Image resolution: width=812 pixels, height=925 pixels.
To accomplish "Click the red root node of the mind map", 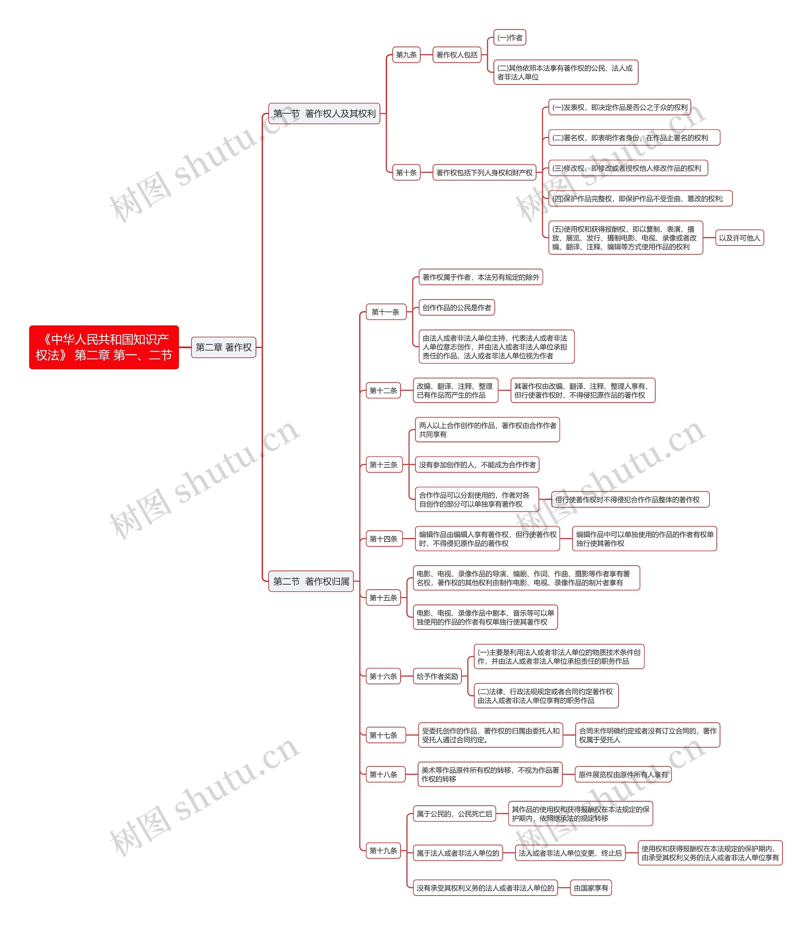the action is point(104,347).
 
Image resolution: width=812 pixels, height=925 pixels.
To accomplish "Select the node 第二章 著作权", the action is point(223,347).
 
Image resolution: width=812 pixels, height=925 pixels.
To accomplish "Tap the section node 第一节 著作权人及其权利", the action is point(324,114).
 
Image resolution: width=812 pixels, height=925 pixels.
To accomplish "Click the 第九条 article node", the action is point(406,55).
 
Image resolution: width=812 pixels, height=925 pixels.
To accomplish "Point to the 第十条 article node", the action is point(406,173).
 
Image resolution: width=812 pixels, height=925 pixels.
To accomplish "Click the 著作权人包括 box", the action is point(457,55).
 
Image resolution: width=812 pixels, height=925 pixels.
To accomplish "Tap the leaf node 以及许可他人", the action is point(739,238).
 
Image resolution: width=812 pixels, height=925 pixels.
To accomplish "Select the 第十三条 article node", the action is point(383,465).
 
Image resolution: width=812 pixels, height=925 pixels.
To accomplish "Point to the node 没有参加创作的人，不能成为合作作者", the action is point(477,465).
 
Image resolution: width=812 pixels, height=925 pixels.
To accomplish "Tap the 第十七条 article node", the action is point(383,735).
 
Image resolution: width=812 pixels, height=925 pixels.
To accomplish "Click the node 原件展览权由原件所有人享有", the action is point(623,774).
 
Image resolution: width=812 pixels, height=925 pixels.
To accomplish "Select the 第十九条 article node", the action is point(383,850).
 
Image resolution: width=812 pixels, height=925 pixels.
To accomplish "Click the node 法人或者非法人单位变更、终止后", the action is point(570,853).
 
